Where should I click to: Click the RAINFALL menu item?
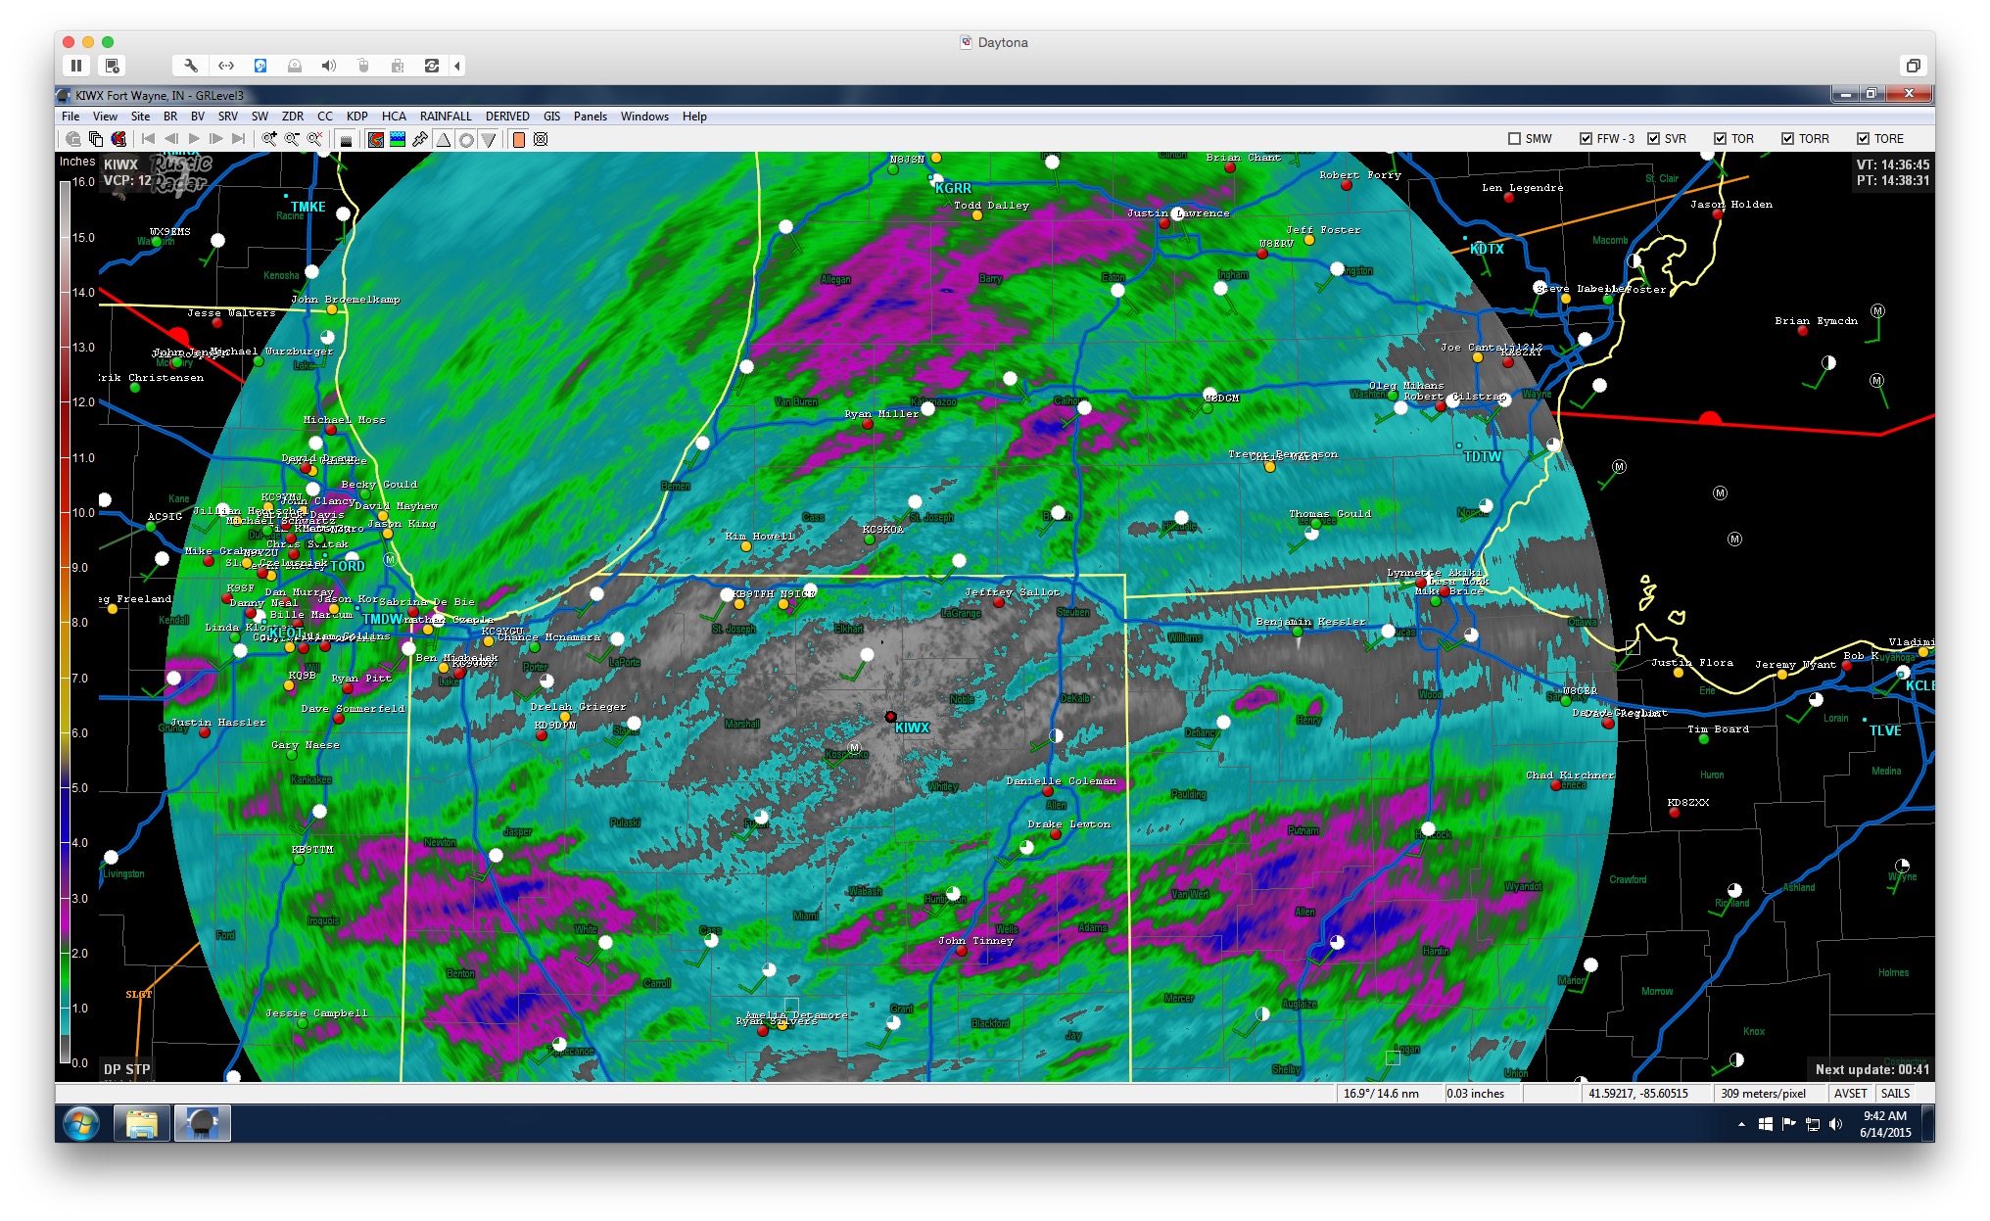point(446,117)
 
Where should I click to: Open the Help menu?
point(694,117)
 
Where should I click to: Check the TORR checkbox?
point(1787,139)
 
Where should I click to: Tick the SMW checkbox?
point(1515,139)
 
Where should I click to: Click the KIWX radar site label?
point(911,728)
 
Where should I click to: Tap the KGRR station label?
point(953,188)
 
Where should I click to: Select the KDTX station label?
point(1487,249)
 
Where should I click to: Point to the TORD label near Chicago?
point(348,566)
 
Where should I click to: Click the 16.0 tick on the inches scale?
point(83,182)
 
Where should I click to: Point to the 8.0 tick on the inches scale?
point(79,623)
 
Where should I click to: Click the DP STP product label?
point(127,1069)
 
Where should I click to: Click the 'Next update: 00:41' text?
point(1872,1069)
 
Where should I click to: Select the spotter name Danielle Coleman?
point(1061,781)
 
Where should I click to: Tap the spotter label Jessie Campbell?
point(316,1013)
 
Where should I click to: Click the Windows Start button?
point(81,1123)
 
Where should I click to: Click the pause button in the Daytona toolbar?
point(76,66)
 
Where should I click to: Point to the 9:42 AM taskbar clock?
point(1884,1116)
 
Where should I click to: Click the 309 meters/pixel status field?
point(1763,1094)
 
